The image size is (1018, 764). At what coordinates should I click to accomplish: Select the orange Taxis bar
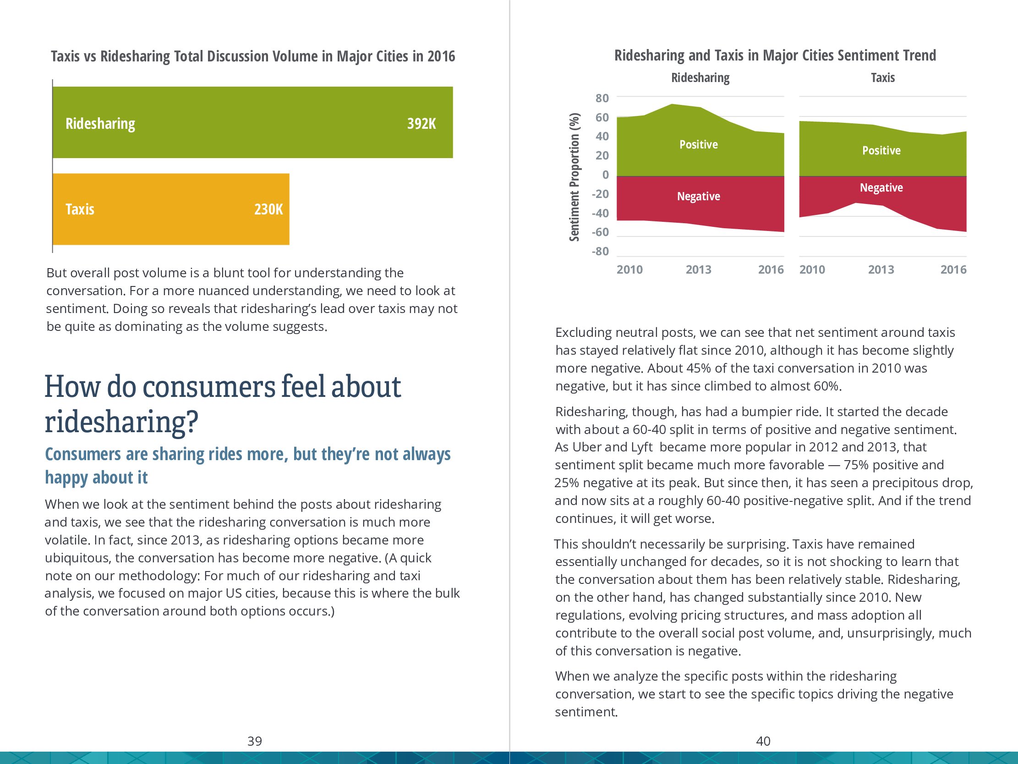(x=170, y=209)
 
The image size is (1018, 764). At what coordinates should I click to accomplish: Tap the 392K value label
(x=421, y=123)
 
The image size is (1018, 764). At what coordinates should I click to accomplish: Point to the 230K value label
(x=268, y=209)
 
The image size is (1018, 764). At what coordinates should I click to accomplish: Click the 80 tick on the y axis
(x=602, y=98)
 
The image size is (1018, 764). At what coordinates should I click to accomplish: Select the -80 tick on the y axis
(x=600, y=252)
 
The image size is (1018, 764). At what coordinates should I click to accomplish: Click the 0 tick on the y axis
(x=605, y=175)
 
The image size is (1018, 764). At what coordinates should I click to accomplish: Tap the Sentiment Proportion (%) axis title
(x=575, y=177)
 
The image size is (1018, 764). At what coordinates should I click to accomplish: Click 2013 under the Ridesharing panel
(x=698, y=270)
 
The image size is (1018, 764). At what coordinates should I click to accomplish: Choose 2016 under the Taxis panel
(x=953, y=270)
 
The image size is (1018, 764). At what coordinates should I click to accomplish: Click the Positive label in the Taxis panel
(x=881, y=151)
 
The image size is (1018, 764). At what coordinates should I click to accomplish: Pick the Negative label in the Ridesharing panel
(x=698, y=196)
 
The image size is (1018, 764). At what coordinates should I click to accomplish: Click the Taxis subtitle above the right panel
(x=883, y=78)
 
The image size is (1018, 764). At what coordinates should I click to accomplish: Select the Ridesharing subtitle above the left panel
(x=700, y=78)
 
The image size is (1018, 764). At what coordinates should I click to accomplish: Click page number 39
(x=255, y=741)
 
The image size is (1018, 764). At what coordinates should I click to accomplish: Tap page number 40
(x=763, y=741)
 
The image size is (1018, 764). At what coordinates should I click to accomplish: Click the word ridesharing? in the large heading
(x=121, y=421)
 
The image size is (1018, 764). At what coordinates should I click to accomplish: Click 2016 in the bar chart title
(x=441, y=56)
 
